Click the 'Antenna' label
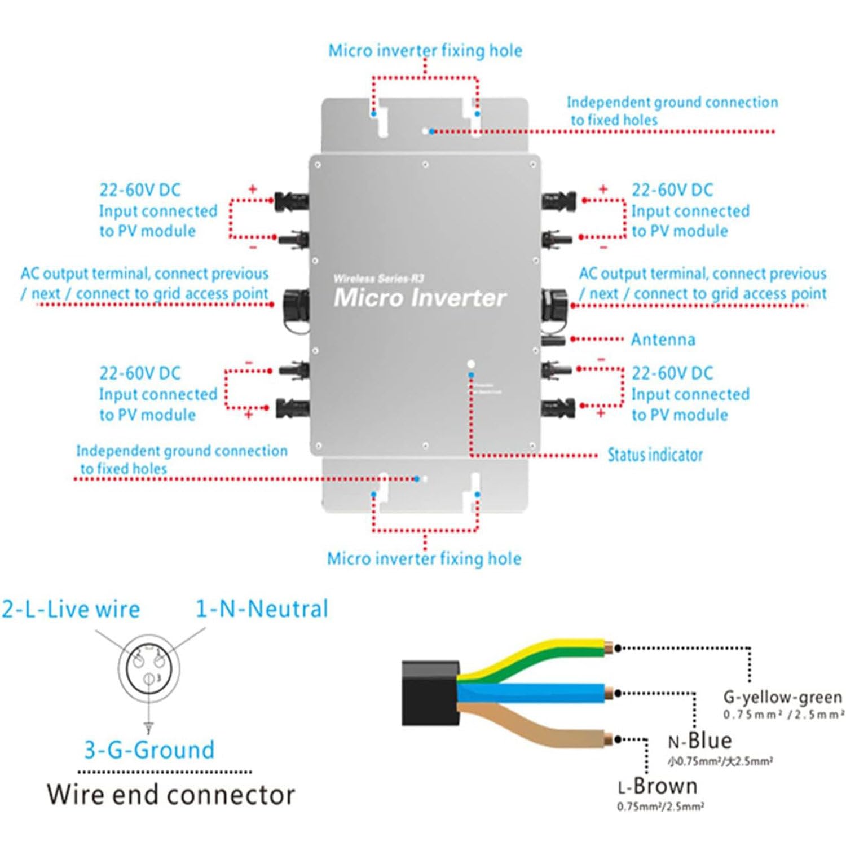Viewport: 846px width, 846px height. click(663, 340)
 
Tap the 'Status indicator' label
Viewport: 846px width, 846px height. click(655, 455)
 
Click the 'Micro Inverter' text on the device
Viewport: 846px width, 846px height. click(420, 298)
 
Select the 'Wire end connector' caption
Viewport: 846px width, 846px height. click(171, 794)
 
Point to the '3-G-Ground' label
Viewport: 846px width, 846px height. click(149, 750)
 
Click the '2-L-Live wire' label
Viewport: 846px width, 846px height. click(70, 609)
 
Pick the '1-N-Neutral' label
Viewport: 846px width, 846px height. click(262, 609)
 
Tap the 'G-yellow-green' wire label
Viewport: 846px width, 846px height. click(782, 698)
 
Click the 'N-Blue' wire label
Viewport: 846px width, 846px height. click(699, 741)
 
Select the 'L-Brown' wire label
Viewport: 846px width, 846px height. click(658, 786)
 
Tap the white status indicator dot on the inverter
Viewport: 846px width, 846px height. click(471, 364)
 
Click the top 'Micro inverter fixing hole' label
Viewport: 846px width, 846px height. click(425, 51)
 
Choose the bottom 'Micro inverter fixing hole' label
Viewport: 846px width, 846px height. click(424, 559)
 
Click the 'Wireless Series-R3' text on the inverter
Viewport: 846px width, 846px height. click(378, 279)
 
